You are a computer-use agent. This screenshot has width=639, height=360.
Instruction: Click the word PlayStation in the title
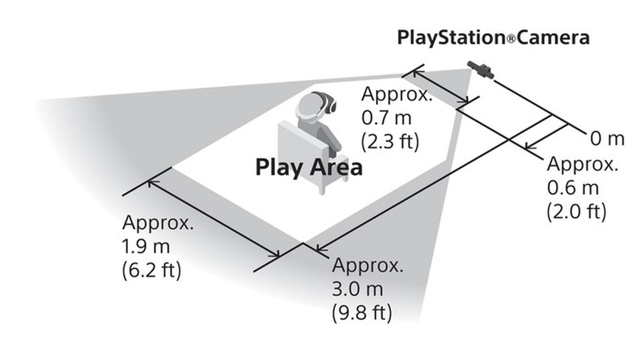click(x=450, y=38)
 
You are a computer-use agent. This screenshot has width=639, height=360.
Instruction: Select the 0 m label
click(x=607, y=138)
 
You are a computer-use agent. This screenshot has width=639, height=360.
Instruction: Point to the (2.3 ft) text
click(x=390, y=141)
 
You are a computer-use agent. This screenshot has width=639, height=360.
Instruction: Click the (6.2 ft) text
click(x=151, y=269)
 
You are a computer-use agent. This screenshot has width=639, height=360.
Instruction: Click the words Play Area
click(x=308, y=167)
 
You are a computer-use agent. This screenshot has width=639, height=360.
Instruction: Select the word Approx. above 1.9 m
click(x=158, y=222)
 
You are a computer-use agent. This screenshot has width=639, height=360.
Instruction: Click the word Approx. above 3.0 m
click(x=368, y=265)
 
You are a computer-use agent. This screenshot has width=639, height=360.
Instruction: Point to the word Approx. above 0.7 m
click(x=396, y=94)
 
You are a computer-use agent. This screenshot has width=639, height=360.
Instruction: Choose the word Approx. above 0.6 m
click(x=582, y=164)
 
